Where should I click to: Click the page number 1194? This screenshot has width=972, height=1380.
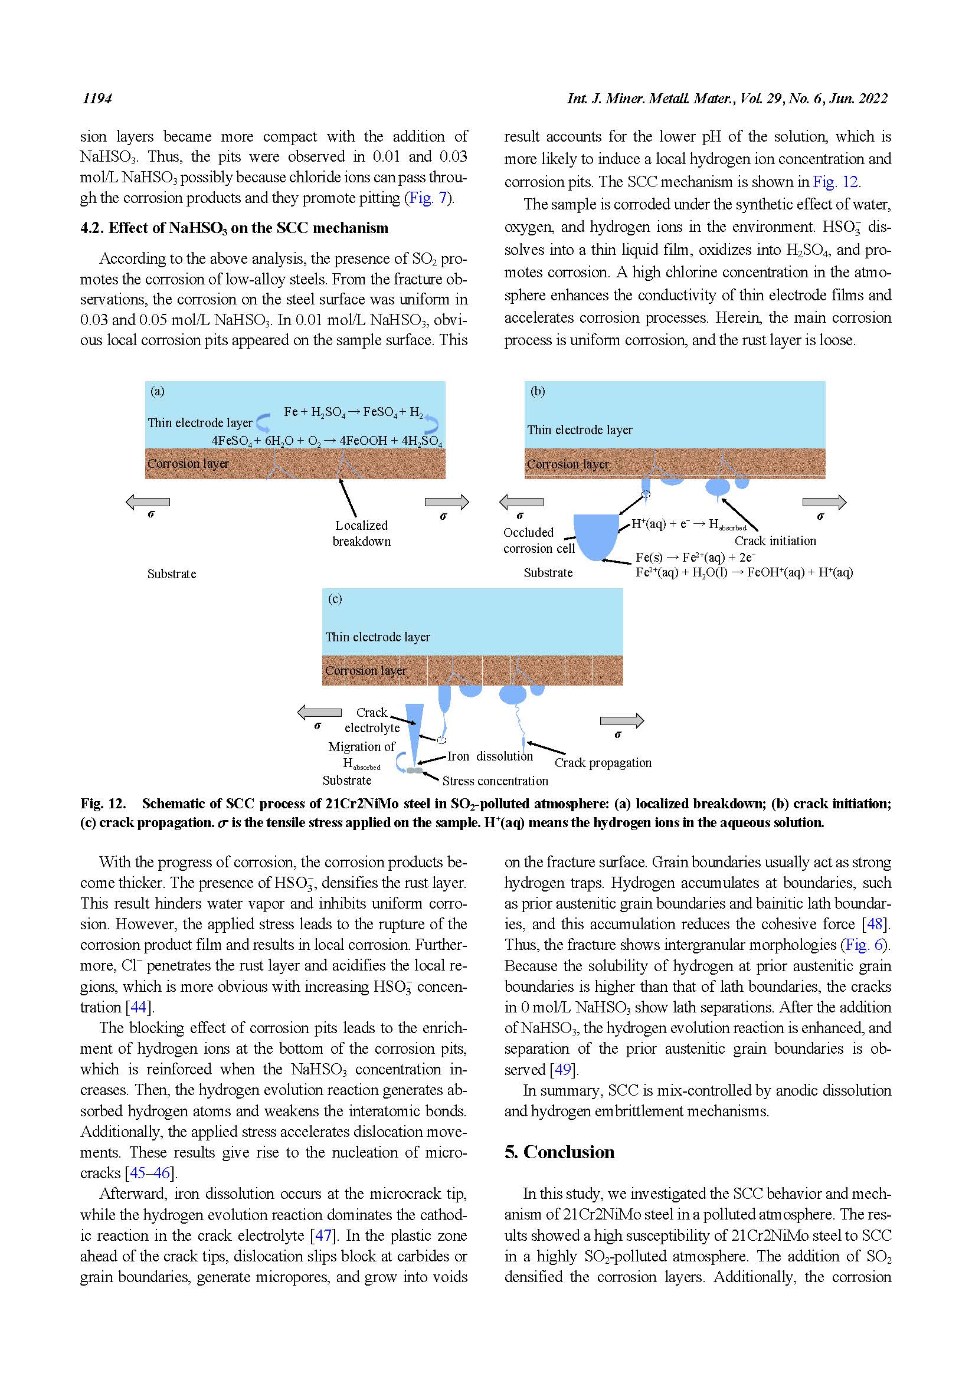tap(97, 99)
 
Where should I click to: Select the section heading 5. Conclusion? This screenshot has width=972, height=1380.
tap(559, 1152)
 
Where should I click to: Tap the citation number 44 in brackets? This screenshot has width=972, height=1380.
tap(138, 1007)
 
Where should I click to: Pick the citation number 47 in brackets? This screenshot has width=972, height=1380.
tap(323, 1235)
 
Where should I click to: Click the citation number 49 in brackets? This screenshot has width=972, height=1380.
tap(562, 1069)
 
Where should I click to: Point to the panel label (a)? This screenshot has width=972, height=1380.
tap(158, 391)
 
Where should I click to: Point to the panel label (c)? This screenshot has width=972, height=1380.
tap(335, 599)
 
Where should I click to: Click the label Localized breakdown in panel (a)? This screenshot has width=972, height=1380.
tap(361, 533)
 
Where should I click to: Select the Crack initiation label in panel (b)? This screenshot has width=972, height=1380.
tap(775, 541)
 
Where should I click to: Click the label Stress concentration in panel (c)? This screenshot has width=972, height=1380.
tap(495, 781)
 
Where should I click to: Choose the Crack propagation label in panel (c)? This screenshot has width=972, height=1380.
tap(603, 763)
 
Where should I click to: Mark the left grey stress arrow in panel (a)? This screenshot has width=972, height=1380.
tap(148, 502)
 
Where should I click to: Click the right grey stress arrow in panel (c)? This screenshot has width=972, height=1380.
tap(621, 720)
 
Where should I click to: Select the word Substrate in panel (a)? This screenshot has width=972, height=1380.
tap(171, 574)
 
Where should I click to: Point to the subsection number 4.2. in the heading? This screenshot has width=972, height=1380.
tap(92, 228)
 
